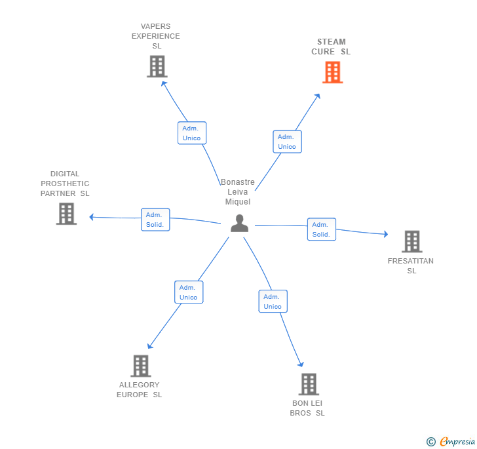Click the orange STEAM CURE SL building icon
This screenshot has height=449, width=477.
coord(332,72)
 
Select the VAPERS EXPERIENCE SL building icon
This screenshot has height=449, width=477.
coord(157,66)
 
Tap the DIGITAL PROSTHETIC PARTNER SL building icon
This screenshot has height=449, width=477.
coord(66,214)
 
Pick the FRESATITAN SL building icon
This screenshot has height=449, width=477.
coord(412,241)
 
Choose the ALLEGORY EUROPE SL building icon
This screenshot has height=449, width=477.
coord(141,366)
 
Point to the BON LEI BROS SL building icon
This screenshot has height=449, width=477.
coord(309,384)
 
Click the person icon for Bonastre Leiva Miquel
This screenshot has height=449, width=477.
coord(239,224)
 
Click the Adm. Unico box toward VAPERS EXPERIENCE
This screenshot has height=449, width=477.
coord(192,133)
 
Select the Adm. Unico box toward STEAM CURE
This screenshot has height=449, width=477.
coord(287,142)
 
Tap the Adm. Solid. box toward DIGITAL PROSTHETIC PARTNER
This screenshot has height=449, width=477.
coord(155,220)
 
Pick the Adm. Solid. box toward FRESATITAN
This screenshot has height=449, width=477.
coord(322,229)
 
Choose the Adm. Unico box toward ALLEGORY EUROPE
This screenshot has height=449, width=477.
coord(189,292)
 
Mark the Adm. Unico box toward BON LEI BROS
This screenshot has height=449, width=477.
coord(273,302)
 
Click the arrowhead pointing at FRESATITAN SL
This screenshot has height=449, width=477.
coord(386,234)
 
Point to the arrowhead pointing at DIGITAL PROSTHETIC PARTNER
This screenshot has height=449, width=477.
coord(92,217)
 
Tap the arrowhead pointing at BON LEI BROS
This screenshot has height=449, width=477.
coord(301,364)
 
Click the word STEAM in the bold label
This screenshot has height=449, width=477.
coord(332,42)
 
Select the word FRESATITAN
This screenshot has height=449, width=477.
coord(410,261)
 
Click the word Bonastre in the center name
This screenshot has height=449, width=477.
coord(238,182)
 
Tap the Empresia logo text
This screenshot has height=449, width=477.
coord(457,441)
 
